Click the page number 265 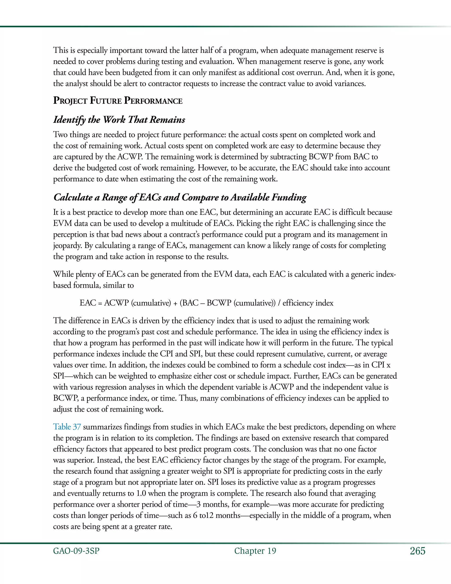[417, 551]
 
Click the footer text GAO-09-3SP [76, 551]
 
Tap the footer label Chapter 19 [255, 551]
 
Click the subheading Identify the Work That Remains [119, 119]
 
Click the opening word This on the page [61, 50]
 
